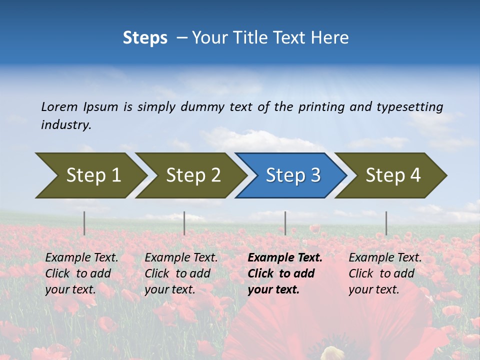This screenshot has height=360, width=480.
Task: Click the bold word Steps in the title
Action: [145, 38]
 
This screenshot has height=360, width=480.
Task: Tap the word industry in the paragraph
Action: [65, 125]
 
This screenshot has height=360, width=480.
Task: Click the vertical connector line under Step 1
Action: [84, 223]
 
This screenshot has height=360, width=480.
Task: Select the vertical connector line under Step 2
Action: [184, 223]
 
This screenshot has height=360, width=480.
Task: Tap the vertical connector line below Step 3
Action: [285, 223]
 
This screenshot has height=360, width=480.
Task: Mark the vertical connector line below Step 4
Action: [386, 223]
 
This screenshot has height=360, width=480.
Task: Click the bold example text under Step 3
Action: [284, 273]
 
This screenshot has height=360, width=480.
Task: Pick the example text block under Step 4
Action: [384, 273]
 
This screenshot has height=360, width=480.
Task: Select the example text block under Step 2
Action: [180, 273]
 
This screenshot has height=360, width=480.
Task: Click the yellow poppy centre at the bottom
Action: [333, 353]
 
